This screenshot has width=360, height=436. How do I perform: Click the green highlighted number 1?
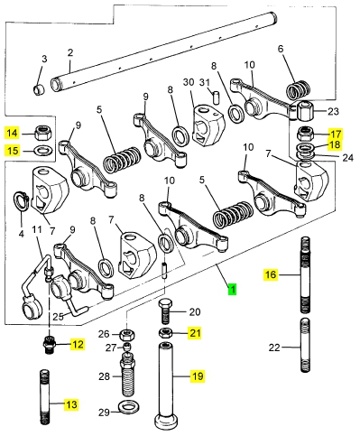[232, 289]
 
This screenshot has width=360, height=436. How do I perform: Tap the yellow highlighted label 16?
[271, 274]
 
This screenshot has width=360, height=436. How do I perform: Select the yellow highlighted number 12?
[78, 344]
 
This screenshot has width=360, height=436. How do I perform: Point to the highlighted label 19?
[198, 376]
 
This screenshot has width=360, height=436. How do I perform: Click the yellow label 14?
[13, 133]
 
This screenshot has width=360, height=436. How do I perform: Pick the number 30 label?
[189, 82]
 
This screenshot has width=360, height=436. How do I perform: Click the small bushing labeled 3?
[39, 89]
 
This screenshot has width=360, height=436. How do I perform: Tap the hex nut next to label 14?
[42, 133]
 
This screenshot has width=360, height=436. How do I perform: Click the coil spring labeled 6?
[298, 89]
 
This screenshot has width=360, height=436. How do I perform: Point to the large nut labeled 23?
[304, 111]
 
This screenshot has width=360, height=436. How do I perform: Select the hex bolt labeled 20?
[164, 311]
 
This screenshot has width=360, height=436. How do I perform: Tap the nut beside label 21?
[165, 333]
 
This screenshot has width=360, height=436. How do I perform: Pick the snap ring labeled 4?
[21, 201]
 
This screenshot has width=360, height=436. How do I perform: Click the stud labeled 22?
[305, 345]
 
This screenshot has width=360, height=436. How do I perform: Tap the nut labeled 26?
[127, 335]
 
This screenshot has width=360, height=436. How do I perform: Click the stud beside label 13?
[45, 396]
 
